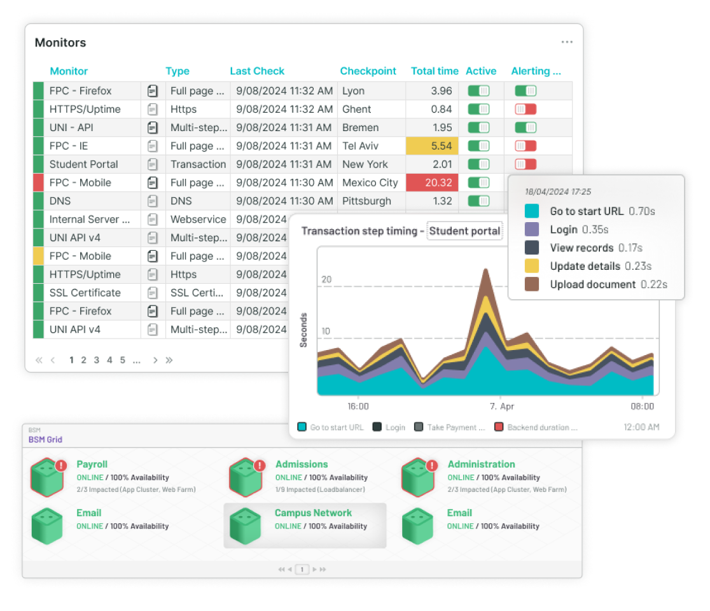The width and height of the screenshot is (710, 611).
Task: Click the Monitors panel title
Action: [60, 43]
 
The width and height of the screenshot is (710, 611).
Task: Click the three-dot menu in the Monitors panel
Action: [567, 42]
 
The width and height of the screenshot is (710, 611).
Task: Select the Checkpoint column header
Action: [368, 71]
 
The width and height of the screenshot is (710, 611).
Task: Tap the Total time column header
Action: [435, 71]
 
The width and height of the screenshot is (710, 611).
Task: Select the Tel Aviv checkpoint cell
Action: [361, 146]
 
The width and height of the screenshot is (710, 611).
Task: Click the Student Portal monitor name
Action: [83, 164]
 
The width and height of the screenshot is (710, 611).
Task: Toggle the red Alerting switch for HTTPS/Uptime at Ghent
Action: [526, 109]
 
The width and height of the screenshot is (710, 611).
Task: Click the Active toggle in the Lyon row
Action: [478, 91]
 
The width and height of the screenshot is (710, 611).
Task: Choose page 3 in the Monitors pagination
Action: [97, 360]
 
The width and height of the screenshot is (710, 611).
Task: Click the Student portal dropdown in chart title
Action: [464, 231]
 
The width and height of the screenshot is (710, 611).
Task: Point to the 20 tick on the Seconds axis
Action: [326, 279]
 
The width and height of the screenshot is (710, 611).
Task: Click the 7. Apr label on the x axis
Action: [502, 406]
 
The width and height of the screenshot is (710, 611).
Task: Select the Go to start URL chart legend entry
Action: [331, 428]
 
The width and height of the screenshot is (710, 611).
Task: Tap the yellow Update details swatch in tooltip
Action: [532, 266]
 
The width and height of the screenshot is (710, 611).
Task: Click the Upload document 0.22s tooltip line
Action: [608, 284]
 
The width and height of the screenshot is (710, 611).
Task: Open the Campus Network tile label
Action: [313, 513]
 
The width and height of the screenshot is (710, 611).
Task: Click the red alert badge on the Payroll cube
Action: [61, 466]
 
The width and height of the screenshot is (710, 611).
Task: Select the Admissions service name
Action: [302, 465]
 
